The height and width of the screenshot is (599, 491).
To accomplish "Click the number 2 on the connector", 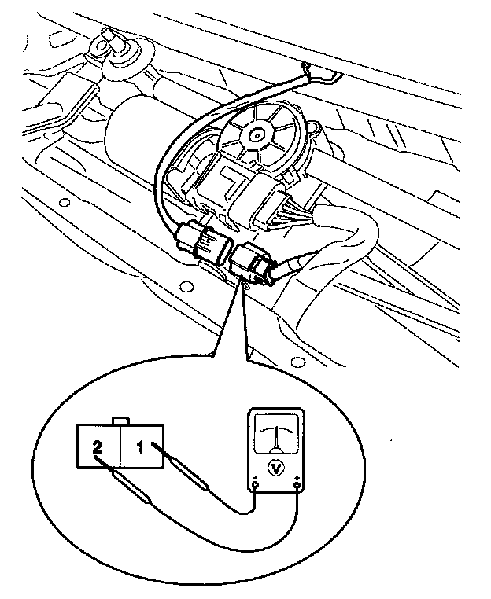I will [x=98, y=447].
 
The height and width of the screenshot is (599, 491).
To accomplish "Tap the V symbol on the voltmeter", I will [x=275, y=465].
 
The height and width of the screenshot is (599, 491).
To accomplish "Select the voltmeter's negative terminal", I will [x=255, y=488].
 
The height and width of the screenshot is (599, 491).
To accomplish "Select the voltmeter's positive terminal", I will [x=297, y=488].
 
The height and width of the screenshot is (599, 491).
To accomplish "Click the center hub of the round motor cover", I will [x=256, y=134].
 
